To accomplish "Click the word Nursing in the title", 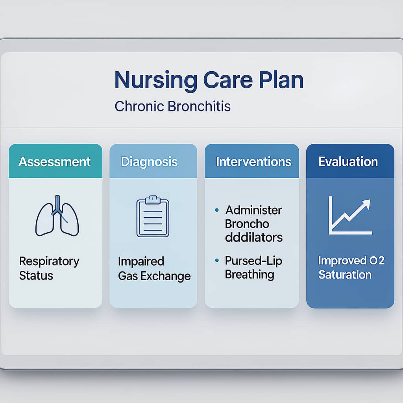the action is tap(156, 81).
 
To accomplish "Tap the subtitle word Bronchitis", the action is tap(199, 106).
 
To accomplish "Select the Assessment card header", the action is tap(55, 161).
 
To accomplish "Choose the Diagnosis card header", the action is tap(153, 161).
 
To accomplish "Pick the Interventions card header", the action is tap(252, 161).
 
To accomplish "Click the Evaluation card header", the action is tap(350, 161).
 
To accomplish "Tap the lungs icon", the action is tap(57, 216).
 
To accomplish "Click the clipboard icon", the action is tap(153, 216).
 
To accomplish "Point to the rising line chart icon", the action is tap(350, 216).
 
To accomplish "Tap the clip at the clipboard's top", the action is tap(153, 200).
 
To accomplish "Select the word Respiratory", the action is tap(49, 262).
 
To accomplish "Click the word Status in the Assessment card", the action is tap(36, 275).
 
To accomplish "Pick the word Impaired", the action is tap(141, 262).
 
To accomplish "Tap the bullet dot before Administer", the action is tap(217, 210).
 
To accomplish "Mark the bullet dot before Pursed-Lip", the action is tap(217, 261).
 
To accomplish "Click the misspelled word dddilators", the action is tap(254, 237).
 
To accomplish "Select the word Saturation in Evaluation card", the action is tap(345, 275).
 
